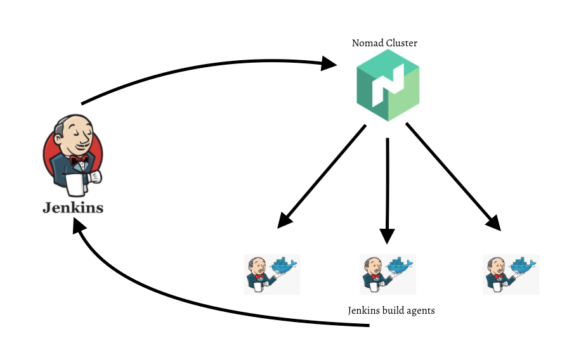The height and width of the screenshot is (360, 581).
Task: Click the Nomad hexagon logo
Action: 388,85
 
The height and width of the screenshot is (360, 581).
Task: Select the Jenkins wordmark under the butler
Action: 73,208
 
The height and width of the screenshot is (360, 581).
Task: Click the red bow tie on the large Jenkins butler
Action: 79,160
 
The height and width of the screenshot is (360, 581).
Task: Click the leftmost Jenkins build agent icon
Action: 271,274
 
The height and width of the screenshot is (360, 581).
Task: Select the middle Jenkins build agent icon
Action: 388,274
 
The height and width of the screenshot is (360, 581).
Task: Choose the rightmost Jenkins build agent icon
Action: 511,274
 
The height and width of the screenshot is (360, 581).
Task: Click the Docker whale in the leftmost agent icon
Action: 284,267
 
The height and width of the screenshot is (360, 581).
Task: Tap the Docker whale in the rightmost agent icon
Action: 523,267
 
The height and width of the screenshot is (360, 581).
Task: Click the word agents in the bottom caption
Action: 420,311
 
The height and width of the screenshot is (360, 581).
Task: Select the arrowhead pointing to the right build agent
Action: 493,222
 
